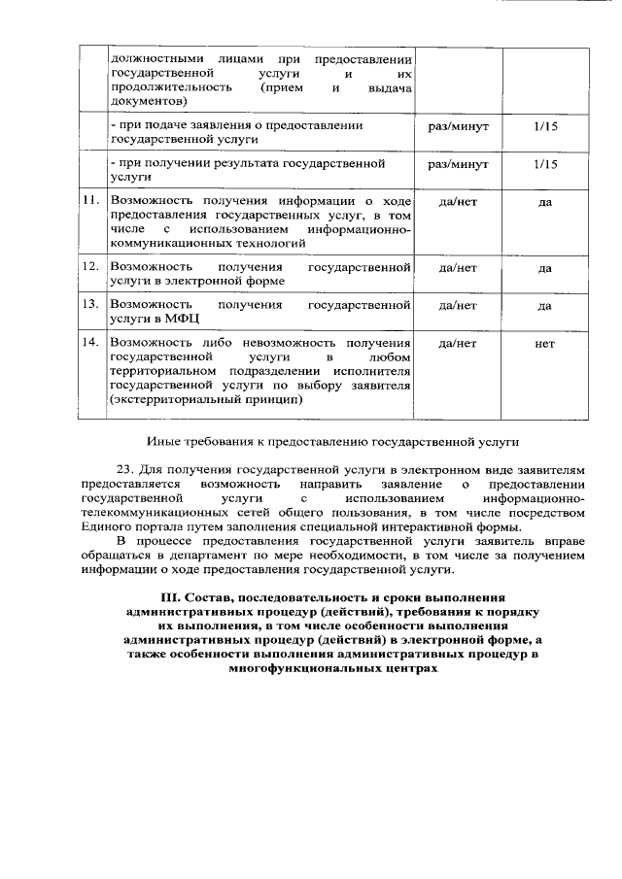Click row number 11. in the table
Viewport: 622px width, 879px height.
tap(91, 201)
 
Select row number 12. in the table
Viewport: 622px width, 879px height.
tap(91, 266)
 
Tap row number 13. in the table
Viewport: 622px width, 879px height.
tap(91, 305)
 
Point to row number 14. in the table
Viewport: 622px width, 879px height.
tap(91, 343)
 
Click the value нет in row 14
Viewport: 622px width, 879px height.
tap(545, 343)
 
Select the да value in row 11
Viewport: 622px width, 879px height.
tap(545, 201)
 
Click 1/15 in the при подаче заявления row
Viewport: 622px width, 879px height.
tap(545, 126)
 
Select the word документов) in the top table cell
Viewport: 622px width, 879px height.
tap(148, 101)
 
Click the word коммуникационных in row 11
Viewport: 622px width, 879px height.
tap(166, 243)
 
